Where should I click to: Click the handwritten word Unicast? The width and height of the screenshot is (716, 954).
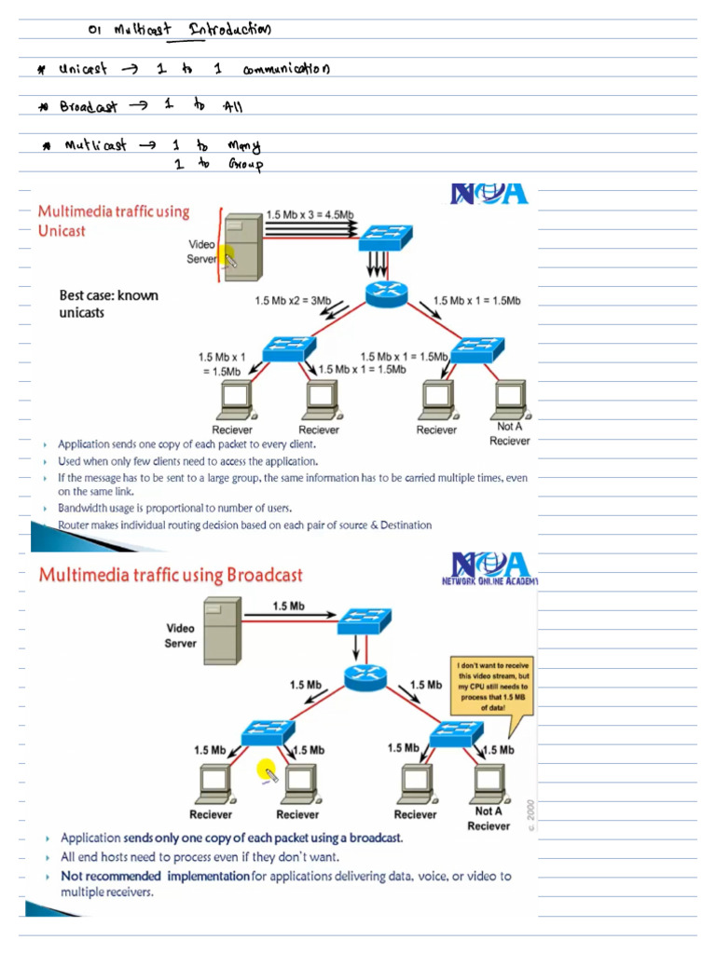(84, 70)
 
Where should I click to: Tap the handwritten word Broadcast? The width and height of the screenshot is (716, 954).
(89, 106)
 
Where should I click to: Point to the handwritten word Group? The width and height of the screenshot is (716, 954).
(244, 165)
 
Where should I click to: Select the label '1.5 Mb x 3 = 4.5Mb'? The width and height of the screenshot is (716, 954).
(310, 214)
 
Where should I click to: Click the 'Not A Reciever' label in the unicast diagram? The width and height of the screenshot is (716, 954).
(509, 433)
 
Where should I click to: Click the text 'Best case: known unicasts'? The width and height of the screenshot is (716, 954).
(108, 304)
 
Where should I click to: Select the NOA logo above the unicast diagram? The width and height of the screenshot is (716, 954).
(489, 193)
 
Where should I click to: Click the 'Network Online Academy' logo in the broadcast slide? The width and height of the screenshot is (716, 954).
(490, 568)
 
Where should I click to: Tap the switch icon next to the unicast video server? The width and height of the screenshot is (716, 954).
(381, 237)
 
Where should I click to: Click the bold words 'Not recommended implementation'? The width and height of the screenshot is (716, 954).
(155, 876)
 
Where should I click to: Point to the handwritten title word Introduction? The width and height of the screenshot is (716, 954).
(229, 30)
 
